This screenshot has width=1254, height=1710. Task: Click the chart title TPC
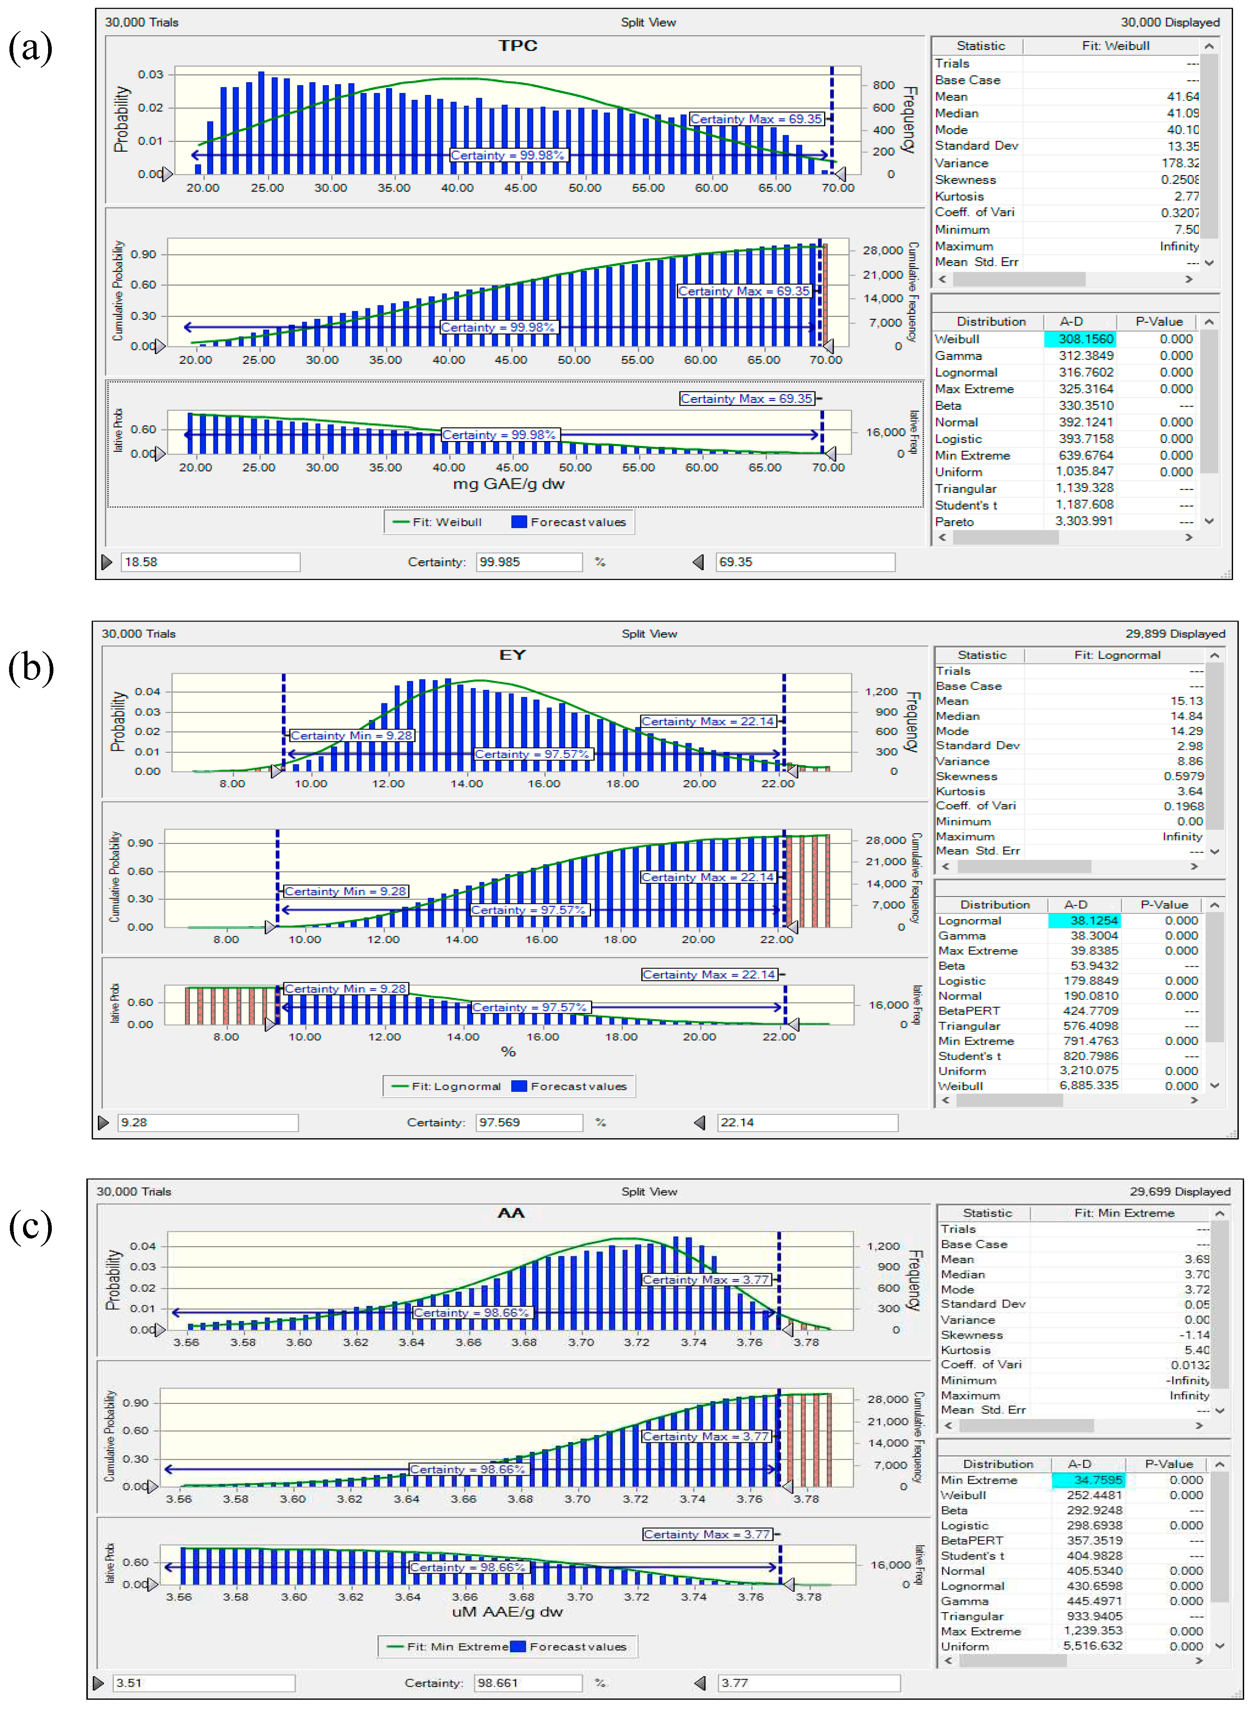tap(518, 46)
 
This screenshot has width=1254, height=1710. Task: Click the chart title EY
tap(513, 655)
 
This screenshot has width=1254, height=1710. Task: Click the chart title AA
tap(511, 1213)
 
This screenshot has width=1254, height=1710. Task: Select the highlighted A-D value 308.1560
tap(1085, 339)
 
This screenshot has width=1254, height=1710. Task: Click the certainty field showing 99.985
tap(528, 562)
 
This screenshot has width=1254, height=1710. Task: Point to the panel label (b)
tap(30, 668)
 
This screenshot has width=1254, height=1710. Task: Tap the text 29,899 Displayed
tap(1175, 634)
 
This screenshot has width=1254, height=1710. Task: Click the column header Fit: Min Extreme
tap(1123, 1213)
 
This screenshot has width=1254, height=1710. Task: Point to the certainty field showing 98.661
tap(528, 1683)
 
